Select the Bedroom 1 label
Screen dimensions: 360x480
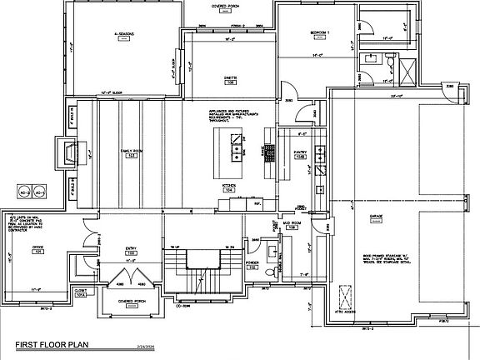tap(320, 32)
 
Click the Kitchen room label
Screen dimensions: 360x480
tap(230, 186)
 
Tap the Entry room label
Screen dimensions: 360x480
tap(131, 247)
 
